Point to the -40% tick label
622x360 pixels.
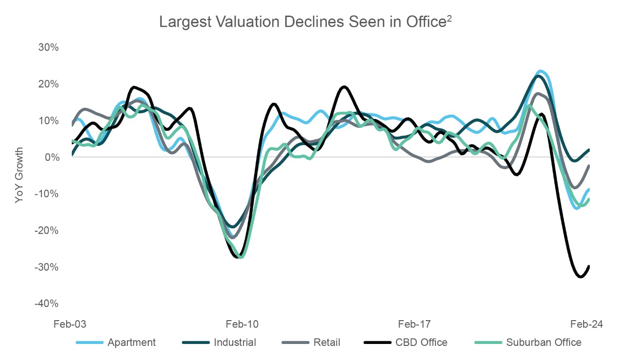47,304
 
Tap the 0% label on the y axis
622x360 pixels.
51,157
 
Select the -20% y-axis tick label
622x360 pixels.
47,230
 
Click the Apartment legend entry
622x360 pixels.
116,343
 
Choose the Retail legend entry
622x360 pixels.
311,343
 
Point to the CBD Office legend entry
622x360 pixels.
405,343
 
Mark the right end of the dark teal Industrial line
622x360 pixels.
589,150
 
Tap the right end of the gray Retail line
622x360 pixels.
589,166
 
